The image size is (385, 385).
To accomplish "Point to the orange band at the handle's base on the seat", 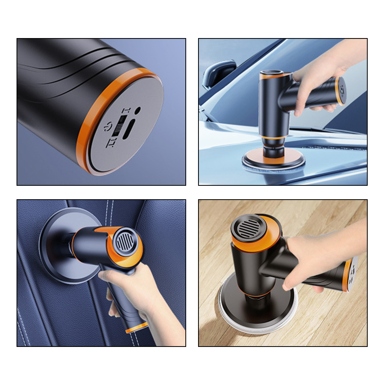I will point(137,328).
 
